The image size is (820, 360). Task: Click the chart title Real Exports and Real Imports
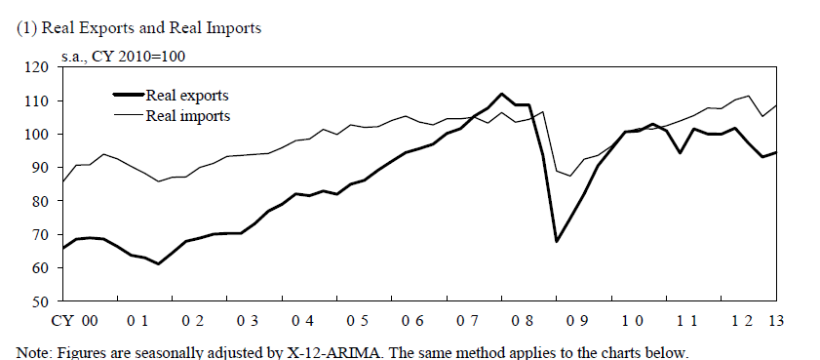140,28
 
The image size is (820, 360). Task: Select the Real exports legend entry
187,96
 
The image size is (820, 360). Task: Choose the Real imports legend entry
187,115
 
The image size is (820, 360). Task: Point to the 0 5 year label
356,322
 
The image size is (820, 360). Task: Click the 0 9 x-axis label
579,322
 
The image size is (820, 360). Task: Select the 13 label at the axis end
776,322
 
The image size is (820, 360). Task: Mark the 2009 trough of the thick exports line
556,241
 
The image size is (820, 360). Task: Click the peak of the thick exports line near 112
500,94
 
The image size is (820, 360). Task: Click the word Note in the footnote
35,351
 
